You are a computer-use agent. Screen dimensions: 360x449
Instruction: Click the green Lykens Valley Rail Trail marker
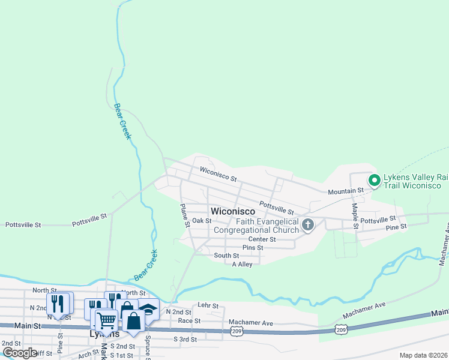click(373, 179)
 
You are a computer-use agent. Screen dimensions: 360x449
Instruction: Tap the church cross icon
click(308, 226)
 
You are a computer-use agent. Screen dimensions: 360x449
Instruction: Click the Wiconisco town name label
click(233, 211)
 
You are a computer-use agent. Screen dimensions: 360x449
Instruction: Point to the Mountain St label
click(346, 191)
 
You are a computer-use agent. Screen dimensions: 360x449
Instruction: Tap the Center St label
click(262, 239)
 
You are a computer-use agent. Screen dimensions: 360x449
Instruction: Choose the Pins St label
click(253, 247)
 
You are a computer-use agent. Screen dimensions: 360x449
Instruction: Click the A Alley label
click(242, 264)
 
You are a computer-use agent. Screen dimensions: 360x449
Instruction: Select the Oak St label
click(202, 220)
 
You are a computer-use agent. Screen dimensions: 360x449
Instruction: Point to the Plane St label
click(185, 215)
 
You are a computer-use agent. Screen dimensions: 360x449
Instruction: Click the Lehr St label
click(208, 305)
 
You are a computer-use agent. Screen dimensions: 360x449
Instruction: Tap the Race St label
click(193, 321)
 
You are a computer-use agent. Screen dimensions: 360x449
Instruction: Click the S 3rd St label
click(185, 339)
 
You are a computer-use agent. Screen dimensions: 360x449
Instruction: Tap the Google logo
click(20, 352)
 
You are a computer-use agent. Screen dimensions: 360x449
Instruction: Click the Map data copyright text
click(423, 355)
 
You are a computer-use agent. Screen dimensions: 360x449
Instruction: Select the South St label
click(226, 256)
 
